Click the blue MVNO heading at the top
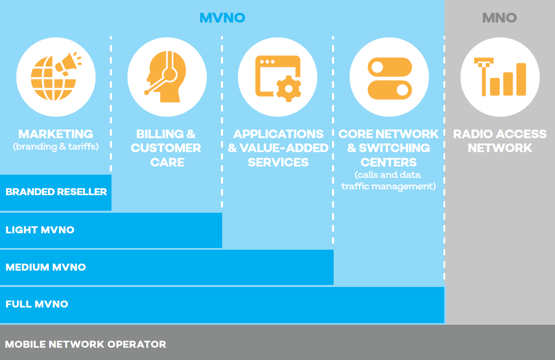(222, 18)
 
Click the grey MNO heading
(500, 18)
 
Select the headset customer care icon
(166, 77)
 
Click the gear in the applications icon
(289, 89)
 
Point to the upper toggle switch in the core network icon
(390, 67)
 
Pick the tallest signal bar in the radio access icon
(521, 79)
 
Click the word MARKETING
(56, 134)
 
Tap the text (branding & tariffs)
(56, 147)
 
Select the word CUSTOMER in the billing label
(166, 148)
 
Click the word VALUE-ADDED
(284, 148)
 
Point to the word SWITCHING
(394, 148)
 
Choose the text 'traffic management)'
(389, 186)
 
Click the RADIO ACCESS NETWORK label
(500, 141)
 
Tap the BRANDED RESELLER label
(56, 192)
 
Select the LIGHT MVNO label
(40, 230)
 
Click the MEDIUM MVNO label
(45, 267)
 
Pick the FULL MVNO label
(36, 304)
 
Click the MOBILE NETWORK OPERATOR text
(86, 344)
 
